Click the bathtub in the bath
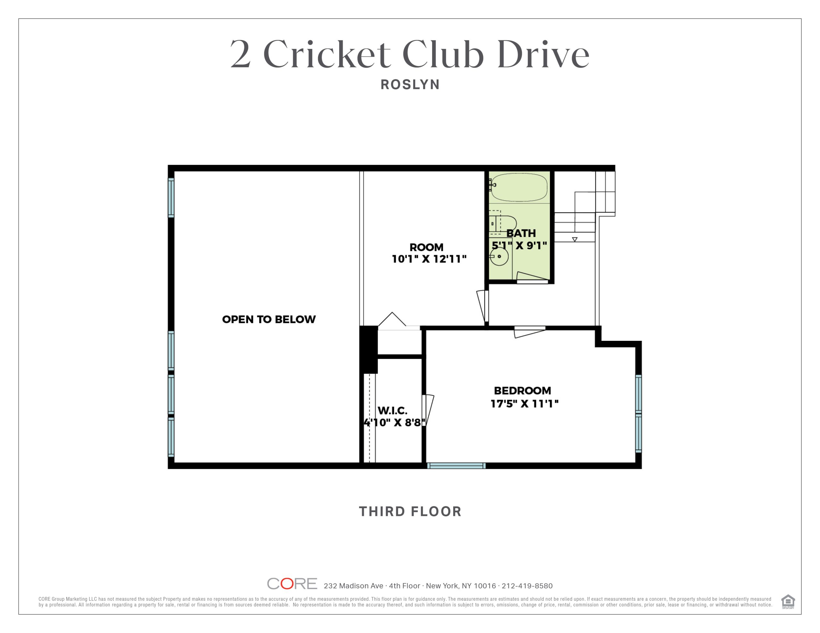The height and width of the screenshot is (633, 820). point(519,187)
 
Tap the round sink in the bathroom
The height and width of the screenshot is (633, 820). point(499,257)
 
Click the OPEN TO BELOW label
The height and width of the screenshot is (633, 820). point(269,319)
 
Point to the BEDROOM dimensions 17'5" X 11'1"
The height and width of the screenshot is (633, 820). point(525,404)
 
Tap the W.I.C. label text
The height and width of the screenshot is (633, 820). point(392,410)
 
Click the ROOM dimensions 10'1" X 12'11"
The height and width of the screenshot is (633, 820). point(429,259)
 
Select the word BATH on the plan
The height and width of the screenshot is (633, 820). point(521,233)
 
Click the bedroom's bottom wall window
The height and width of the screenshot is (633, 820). point(456,466)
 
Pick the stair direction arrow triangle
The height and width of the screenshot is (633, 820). point(574,239)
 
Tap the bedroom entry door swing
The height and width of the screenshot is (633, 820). point(529,332)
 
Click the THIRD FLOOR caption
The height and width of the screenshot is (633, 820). point(410,511)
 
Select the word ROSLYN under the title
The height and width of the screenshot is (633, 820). point(410,84)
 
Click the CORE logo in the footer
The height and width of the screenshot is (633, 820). point(292,583)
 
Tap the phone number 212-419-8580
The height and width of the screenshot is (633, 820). point(527,586)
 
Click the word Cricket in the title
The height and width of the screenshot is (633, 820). point(327,54)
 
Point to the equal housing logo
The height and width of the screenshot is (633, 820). point(788,602)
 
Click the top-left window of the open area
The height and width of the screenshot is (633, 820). point(171,198)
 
